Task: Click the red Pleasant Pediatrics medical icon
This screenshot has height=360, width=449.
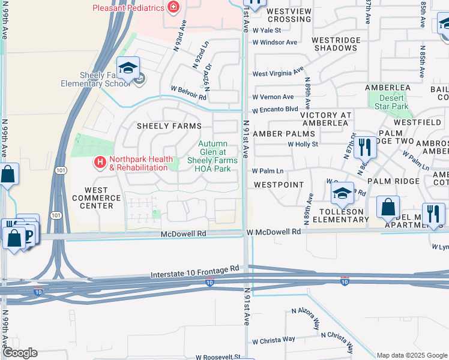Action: point(173,8)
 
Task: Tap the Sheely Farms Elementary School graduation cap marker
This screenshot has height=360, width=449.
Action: point(128,69)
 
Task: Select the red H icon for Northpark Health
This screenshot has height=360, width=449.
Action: point(100,162)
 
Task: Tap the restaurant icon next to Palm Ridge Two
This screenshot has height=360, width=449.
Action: point(364,147)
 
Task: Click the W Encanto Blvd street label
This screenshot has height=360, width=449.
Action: point(275,110)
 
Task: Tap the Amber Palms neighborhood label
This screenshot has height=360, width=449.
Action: point(284,134)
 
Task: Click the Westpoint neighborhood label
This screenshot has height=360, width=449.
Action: point(278,185)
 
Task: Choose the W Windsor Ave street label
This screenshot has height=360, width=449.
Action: point(274,43)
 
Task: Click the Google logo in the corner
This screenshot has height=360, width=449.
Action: point(19,353)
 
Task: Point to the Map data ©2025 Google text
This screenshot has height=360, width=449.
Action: point(411,355)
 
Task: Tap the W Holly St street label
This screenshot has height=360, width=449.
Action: point(302,144)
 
